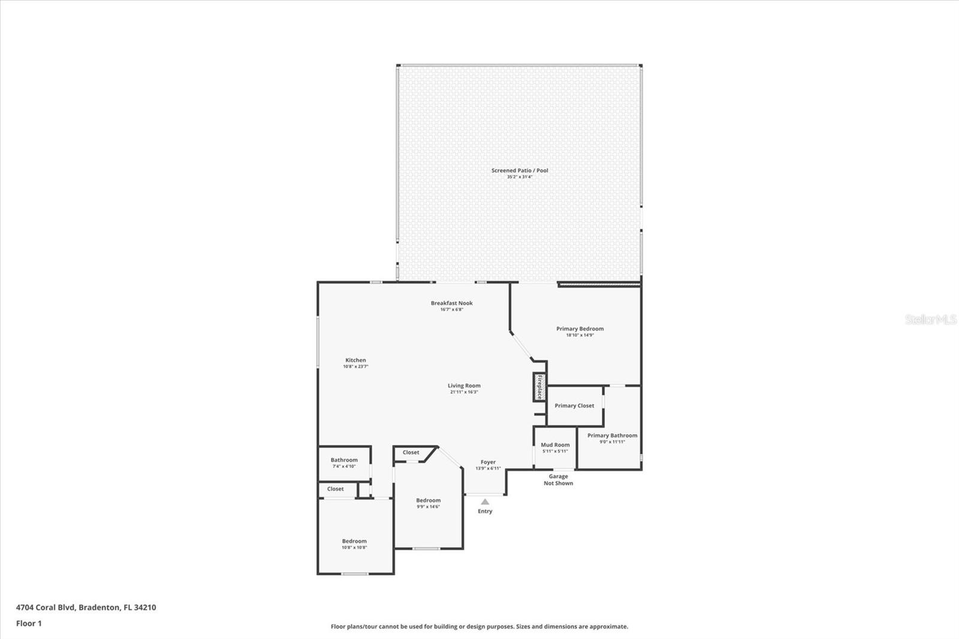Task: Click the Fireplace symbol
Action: coord(539,387)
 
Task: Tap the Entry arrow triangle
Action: coord(485,502)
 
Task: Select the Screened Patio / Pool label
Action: coord(520,171)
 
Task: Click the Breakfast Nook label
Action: coord(452,303)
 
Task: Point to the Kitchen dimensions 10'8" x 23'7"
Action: coord(355,366)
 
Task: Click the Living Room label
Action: coord(464,386)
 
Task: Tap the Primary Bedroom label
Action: coord(580,328)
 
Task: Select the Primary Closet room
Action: coord(574,406)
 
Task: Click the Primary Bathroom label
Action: coord(612,436)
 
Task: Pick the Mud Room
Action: coord(555,448)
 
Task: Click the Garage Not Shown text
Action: coord(558,480)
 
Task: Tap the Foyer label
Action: coord(488,462)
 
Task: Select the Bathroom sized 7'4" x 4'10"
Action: coord(344,463)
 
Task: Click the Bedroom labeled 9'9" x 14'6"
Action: coord(429,503)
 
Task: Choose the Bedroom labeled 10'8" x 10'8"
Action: coord(354,544)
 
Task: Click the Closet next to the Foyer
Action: coord(411,453)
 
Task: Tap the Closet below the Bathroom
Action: coord(336,489)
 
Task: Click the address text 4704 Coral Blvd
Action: coord(86,607)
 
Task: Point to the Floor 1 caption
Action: coord(29,623)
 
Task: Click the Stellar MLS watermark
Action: coord(930,319)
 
